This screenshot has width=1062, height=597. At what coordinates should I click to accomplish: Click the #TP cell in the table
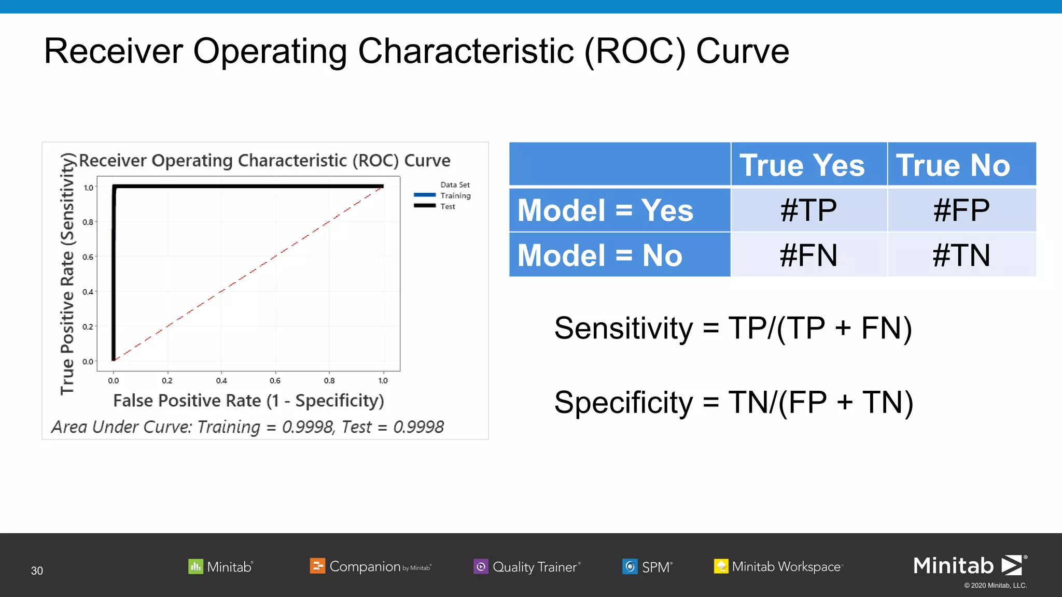click(x=808, y=210)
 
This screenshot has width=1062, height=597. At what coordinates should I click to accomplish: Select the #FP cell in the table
click(x=961, y=210)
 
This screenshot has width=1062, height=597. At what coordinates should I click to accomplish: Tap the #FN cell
click(x=808, y=255)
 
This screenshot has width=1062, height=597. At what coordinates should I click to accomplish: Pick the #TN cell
click(x=961, y=255)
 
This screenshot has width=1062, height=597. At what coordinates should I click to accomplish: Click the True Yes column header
click(x=802, y=165)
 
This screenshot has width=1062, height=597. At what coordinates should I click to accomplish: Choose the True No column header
click(x=953, y=165)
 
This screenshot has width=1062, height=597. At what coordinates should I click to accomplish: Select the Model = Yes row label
click(x=605, y=210)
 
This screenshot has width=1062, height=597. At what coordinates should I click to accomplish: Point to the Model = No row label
click(x=600, y=255)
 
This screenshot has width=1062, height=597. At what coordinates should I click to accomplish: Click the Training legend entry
click(x=455, y=195)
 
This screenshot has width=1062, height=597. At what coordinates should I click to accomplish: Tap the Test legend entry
click(x=447, y=206)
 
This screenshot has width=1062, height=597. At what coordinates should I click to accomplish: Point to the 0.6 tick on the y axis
click(x=88, y=257)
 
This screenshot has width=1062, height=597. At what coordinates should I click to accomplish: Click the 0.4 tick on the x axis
click(x=221, y=380)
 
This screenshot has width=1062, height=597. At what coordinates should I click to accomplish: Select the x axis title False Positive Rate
click(x=248, y=401)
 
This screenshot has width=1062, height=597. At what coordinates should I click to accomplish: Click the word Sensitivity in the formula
click(x=623, y=329)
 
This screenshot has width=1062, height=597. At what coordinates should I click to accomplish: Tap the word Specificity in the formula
click(x=623, y=403)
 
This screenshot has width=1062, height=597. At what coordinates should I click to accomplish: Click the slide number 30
click(x=37, y=571)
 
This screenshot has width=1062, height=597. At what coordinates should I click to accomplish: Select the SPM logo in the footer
click(x=647, y=566)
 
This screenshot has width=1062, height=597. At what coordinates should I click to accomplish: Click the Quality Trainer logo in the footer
click(x=527, y=566)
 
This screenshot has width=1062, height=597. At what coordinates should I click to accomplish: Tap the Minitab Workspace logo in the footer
click(x=778, y=566)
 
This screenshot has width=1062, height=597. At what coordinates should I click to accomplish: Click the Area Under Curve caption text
click(x=247, y=427)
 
